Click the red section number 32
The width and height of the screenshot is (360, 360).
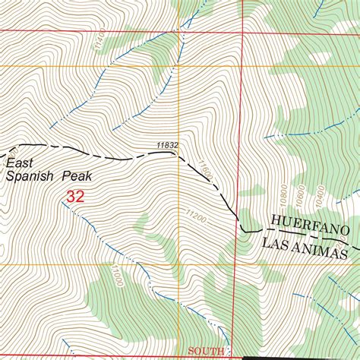[74, 197]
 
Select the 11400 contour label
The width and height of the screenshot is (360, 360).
[96, 47]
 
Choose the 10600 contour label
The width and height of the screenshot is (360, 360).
[301, 195]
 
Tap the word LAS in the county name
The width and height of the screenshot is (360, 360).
[276, 245]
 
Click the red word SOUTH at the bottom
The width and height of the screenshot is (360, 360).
[207, 351]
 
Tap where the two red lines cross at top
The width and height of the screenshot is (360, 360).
[243, 33]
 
